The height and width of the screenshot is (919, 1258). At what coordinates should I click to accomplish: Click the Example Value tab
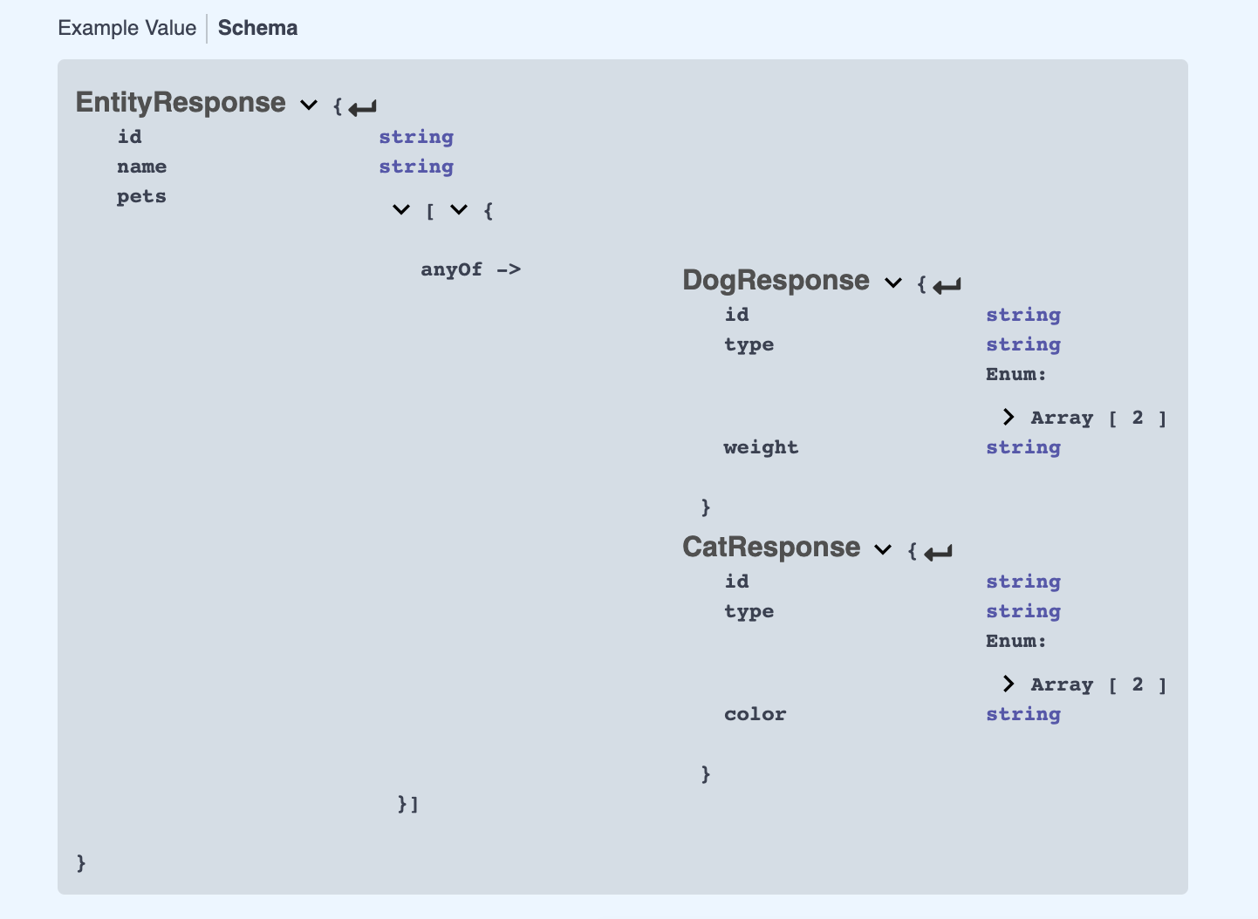click(126, 28)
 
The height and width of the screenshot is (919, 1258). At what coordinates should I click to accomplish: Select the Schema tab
click(257, 28)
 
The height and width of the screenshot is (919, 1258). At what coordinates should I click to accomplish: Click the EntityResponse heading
click(181, 103)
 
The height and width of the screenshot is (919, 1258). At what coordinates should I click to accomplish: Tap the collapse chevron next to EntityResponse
click(309, 106)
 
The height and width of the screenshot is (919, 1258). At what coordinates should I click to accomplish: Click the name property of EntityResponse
click(141, 167)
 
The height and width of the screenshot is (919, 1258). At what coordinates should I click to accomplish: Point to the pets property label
click(141, 196)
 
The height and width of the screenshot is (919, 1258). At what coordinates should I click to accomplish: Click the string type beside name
click(416, 167)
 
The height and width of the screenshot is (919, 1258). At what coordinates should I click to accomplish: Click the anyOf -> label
click(470, 269)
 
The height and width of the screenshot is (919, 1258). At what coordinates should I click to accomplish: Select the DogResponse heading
click(776, 281)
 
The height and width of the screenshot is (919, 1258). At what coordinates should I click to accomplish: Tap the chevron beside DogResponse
click(892, 283)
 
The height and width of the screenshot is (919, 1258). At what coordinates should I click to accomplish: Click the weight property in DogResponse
click(761, 447)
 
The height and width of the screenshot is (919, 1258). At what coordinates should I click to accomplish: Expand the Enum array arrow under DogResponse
click(1008, 418)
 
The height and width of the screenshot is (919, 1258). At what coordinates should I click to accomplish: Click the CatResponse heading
click(771, 548)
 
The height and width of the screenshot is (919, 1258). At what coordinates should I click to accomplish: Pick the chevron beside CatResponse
click(883, 550)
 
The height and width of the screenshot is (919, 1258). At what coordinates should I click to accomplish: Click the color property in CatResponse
click(755, 714)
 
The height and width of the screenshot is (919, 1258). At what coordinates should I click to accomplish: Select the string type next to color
click(1023, 714)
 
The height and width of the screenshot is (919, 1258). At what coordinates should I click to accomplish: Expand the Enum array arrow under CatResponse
click(1008, 684)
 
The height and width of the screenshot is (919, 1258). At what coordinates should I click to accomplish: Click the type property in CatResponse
click(749, 611)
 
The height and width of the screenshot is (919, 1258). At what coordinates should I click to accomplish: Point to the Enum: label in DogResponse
click(1015, 374)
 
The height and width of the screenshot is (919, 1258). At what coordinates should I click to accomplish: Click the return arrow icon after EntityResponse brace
click(363, 108)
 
